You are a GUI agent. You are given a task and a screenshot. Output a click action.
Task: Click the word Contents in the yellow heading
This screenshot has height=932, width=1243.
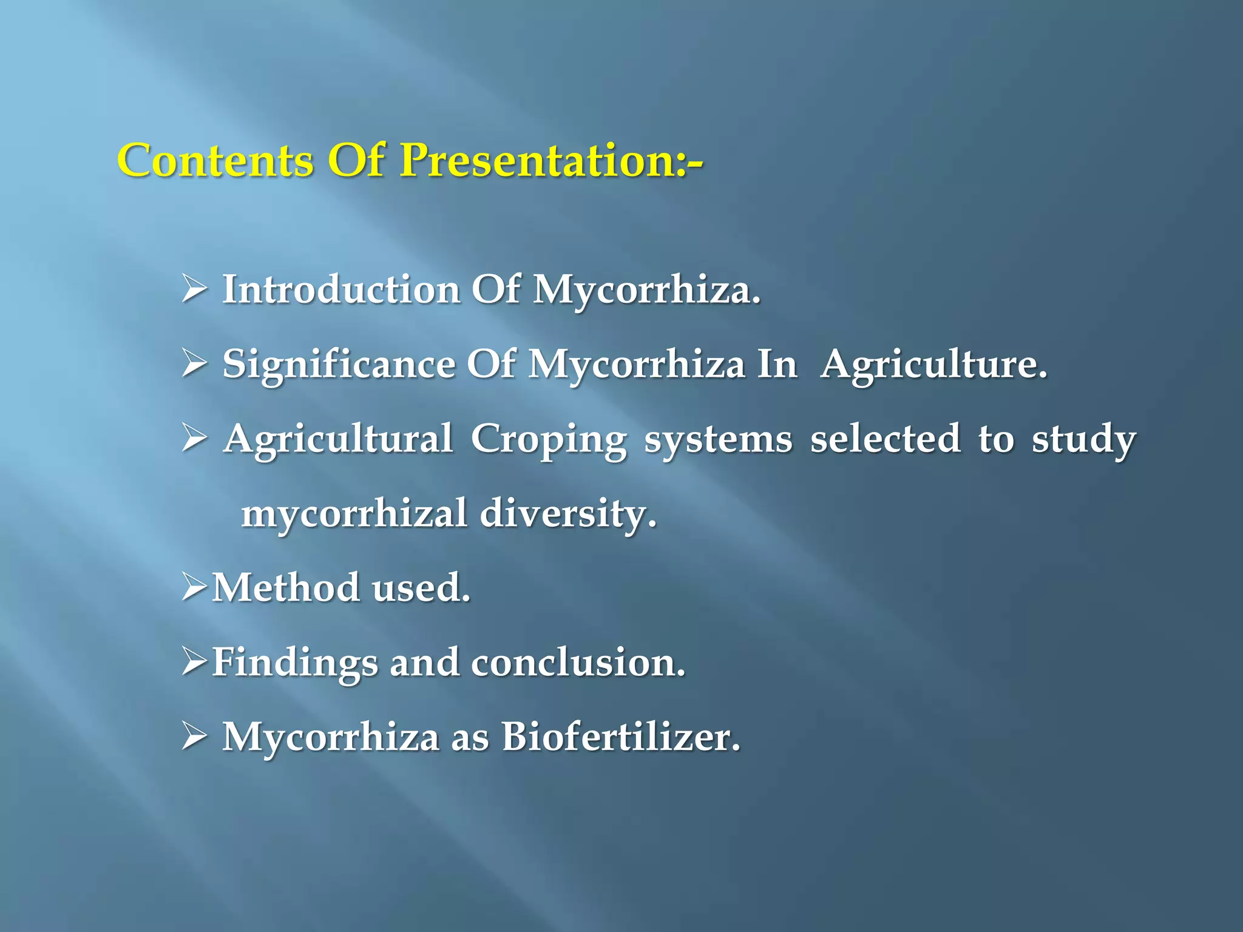[x=215, y=161]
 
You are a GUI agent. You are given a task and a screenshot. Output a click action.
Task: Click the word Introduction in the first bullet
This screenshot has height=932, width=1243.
[x=341, y=289]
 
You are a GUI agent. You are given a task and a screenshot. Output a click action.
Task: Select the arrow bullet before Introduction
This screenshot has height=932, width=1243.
[x=194, y=289]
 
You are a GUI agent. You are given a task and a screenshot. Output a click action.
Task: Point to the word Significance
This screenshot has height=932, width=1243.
[x=339, y=365]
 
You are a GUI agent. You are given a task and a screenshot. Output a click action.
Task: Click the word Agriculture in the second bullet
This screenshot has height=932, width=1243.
[x=933, y=365]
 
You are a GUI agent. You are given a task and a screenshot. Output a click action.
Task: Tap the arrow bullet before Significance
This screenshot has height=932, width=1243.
[x=194, y=364]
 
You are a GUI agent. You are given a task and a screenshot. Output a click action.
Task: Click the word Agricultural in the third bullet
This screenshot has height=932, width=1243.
[x=338, y=439]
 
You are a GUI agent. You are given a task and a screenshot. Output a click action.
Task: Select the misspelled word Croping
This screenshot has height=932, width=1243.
[x=549, y=439]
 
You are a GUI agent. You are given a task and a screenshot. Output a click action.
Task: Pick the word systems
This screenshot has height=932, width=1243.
[x=718, y=439]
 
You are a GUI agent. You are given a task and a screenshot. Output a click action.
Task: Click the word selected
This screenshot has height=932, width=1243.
[x=886, y=438]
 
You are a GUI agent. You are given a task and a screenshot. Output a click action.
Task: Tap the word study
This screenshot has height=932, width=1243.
[x=1084, y=439]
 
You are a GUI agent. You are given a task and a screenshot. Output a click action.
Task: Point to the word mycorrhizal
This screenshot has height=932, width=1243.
[x=354, y=514]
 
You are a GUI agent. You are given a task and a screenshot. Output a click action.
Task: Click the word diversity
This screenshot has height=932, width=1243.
[x=568, y=514]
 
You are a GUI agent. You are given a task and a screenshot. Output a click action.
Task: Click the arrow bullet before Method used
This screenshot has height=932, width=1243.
[x=194, y=587]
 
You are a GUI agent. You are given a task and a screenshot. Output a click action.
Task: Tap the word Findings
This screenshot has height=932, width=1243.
[x=294, y=663]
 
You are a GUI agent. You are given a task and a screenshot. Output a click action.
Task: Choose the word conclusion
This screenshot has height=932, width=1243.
[x=578, y=662]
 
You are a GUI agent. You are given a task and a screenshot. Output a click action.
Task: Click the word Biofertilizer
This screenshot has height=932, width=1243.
[x=621, y=737]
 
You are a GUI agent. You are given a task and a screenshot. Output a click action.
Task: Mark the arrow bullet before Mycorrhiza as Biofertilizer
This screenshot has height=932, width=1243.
[x=194, y=737]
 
